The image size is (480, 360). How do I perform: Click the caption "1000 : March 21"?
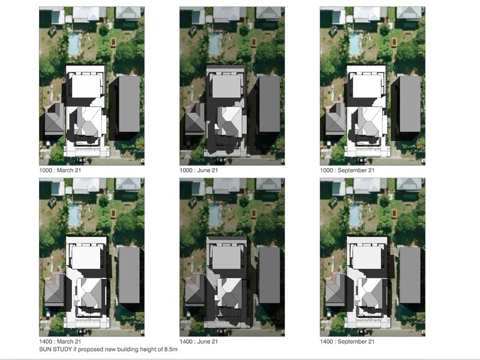tap(60, 170)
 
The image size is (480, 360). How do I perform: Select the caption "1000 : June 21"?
tap(199, 170)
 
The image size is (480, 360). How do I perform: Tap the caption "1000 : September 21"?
tap(347, 170)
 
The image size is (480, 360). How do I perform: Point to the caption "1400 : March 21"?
tap(60, 341)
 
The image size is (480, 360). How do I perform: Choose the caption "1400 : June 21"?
tap(199, 341)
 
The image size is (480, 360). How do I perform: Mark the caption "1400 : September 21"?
tap(347, 341)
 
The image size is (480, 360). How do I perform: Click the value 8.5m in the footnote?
tap(171, 349)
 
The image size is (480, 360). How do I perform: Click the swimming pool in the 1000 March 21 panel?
tap(74, 44)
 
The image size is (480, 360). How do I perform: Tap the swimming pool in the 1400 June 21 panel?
tap(215, 215)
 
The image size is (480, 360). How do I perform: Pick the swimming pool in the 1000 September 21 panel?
tap(355, 44)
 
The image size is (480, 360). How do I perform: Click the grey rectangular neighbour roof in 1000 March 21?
tap(129, 104)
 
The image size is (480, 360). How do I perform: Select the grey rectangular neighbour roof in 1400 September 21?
tap(410, 275)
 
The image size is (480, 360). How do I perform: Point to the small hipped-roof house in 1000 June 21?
tap(195, 119)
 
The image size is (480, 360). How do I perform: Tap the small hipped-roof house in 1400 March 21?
tap(55, 290)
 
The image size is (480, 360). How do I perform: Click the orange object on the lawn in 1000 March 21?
tap(113, 42)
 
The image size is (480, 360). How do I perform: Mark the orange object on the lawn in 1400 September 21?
tap(394, 213)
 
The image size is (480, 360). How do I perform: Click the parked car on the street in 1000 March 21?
tap(81, 160)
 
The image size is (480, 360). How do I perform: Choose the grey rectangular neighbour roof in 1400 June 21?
tap(269, 275)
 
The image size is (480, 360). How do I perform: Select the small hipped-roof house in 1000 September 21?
tap(335, 119)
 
